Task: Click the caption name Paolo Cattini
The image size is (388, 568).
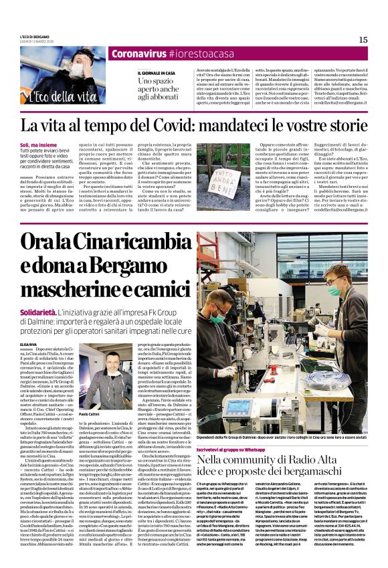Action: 80,415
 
